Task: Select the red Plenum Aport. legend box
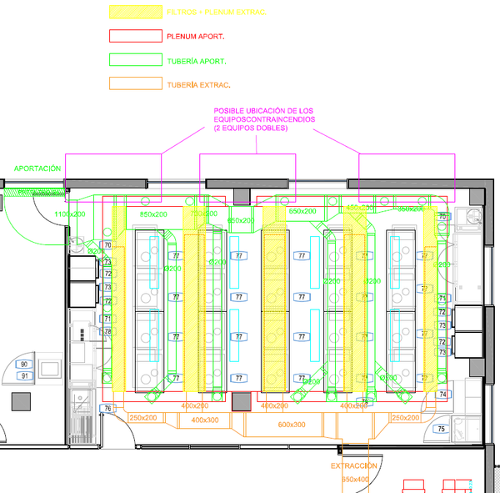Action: coord(136,37)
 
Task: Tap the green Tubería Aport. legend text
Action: coord(197,61)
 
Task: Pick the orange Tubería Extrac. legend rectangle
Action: coord(136,84)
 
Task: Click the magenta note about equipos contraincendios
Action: coord(264,120)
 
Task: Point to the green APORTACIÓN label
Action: coord(37,169)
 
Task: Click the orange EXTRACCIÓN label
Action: coord(353,465)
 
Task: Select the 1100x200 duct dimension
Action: coord(70,214)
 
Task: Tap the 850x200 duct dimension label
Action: coord(153,214)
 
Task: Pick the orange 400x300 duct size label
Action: coord(205,420)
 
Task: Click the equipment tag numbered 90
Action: coord(24,365)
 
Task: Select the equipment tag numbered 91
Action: coord(24,375)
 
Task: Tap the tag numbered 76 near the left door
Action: coord(107,408)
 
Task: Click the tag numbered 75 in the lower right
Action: coord(441,430)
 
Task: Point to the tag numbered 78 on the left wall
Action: coord(107,332)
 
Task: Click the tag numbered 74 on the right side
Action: coord(442,394)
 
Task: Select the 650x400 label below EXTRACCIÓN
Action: coord(354,480)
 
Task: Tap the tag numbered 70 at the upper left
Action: coord(107,244)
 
